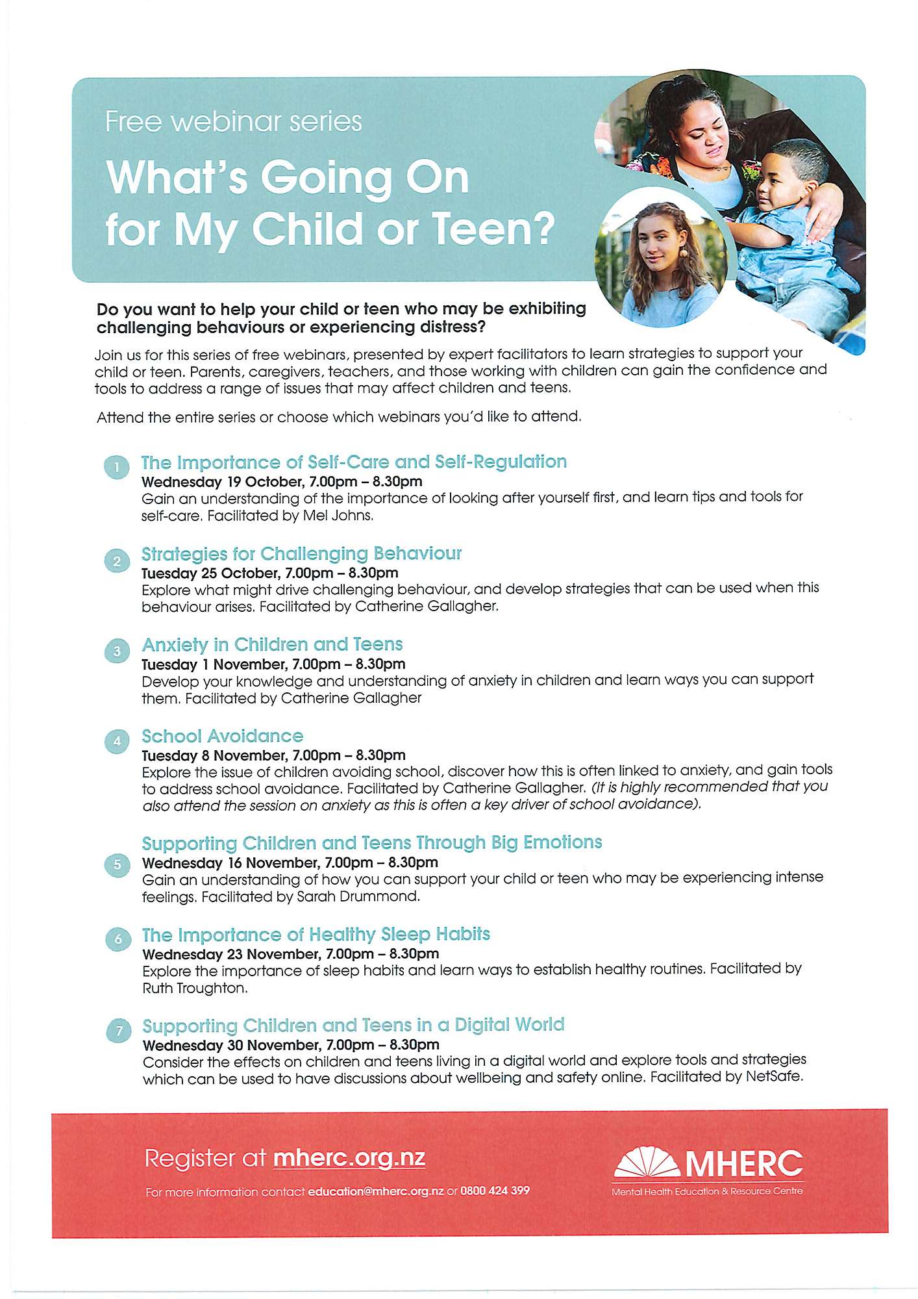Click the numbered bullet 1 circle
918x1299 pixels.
(x=117, y=468)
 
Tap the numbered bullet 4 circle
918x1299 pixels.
(x=117, y=741)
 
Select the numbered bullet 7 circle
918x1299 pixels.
(x=118, y=1030)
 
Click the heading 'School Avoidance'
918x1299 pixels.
(x=223, y=736)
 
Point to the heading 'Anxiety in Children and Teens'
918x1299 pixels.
(x=272, y=644)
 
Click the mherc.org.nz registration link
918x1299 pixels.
(x=349, y=1157)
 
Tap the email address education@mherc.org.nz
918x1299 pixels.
(x=376, y=1191)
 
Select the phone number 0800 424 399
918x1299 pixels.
(x=495, y=1191)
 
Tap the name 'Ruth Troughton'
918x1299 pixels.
(x=194, y=988)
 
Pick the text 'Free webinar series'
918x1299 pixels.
(x=233, y=121)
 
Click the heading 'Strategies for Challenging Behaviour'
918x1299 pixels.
(x=301, y=553)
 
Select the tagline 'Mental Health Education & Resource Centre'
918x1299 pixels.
(x=707, y=1191)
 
